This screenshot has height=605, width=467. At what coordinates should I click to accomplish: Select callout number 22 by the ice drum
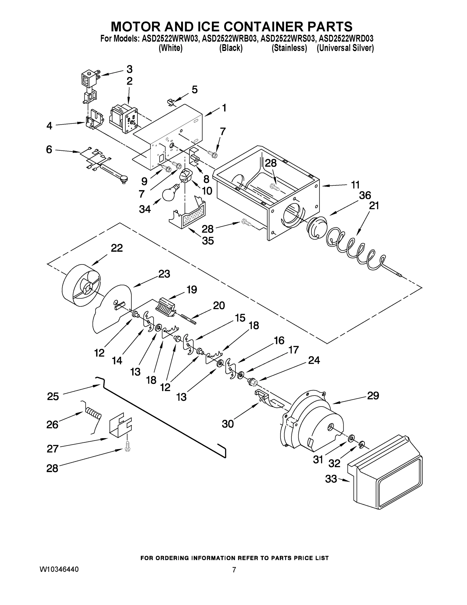117,248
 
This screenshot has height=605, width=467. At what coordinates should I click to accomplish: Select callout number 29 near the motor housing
373,396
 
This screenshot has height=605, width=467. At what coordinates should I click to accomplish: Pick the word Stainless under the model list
289,48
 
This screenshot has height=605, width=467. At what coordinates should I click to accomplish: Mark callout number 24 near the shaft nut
314,360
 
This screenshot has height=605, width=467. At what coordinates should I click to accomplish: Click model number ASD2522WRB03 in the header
229,39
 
